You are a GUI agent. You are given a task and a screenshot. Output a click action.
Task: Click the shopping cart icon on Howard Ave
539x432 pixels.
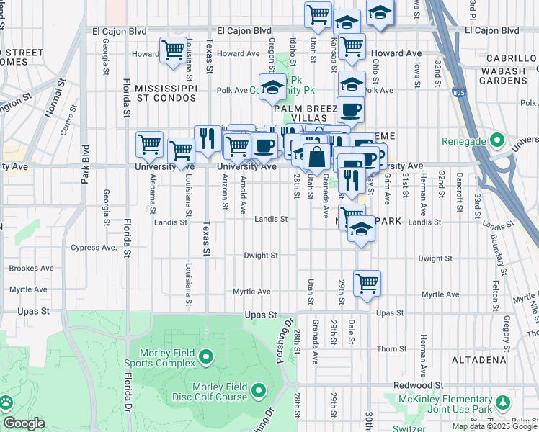173,50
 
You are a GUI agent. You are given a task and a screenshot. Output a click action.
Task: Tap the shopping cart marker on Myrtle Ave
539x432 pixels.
367,282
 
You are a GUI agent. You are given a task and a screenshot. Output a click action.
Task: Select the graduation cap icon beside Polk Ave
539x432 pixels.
272,88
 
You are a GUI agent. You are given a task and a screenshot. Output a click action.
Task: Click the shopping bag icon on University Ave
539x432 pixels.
316,155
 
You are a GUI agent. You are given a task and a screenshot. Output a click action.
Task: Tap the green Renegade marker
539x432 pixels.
496,139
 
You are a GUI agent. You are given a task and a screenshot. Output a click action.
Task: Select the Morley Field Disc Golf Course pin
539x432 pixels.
258,391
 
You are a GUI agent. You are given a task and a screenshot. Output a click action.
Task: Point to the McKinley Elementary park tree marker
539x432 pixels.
500,402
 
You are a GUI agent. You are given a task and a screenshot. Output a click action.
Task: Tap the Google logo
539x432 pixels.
24,423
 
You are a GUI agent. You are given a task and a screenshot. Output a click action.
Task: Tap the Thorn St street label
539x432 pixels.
391,348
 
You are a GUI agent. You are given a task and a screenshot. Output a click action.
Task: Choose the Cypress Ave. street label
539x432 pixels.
93,248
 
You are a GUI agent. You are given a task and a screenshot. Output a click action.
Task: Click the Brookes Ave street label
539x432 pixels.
32,268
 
